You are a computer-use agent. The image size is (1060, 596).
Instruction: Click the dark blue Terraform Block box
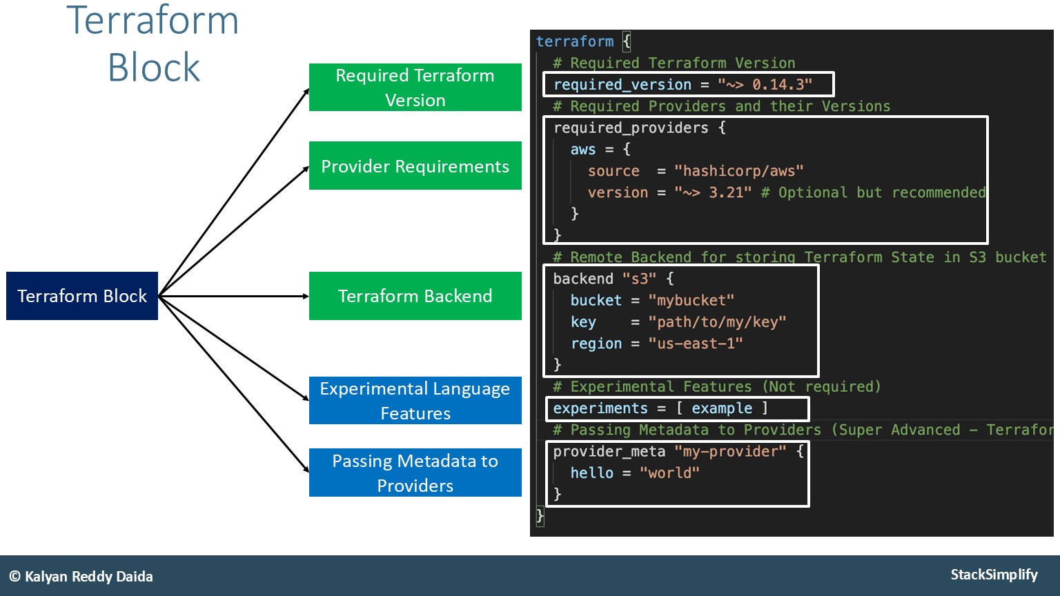tap(82, 296)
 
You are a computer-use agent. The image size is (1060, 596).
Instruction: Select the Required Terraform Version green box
tap(415, 88)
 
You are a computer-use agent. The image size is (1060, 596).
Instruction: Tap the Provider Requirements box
tap(415, 166)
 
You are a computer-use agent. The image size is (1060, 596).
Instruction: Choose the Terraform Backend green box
tap(415, 296)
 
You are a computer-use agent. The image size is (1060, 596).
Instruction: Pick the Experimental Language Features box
tap(415, 401)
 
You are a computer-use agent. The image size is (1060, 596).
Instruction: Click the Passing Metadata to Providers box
tap(415, 473)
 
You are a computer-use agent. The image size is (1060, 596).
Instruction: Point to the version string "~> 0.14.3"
tap(765, 85)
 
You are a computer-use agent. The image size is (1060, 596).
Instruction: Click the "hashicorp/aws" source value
tap(738, 171)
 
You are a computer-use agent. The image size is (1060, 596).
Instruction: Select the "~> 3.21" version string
tap(713, 192)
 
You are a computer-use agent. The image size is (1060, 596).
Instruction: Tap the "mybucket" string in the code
tap(691, 301)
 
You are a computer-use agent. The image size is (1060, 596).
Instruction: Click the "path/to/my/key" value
tap(717, 322)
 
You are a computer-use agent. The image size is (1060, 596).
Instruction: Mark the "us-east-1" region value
tap(696, 344)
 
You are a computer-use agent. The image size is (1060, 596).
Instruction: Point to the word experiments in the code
tap(600, 408)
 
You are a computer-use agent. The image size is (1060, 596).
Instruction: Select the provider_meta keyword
tap(609, 452)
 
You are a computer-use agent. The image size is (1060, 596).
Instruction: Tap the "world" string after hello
tap(669, 473)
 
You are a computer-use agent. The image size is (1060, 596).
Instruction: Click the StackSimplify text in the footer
tap(994, 575)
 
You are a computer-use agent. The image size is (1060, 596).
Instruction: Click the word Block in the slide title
tap(154, 68)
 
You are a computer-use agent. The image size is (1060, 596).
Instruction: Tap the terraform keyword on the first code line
tap(575, 41)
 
